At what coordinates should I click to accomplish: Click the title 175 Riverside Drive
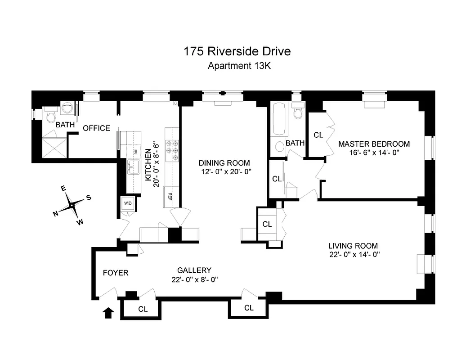237,51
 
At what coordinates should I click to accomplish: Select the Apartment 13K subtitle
238,66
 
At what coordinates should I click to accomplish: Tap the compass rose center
72,205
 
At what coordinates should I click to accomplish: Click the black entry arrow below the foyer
108,312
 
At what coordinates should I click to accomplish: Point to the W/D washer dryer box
128,203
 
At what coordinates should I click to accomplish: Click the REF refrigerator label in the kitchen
170,196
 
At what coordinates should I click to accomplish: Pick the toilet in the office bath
51,117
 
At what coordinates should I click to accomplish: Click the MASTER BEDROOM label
374,144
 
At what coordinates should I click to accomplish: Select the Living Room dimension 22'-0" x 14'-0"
354,255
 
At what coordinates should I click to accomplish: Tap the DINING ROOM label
225,163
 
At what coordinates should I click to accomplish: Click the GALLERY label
194,270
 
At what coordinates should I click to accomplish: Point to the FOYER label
116,273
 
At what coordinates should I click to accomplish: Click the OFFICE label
96,128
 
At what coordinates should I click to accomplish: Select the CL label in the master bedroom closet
318,135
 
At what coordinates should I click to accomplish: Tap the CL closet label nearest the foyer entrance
143,309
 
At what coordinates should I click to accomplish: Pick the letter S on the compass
89,197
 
